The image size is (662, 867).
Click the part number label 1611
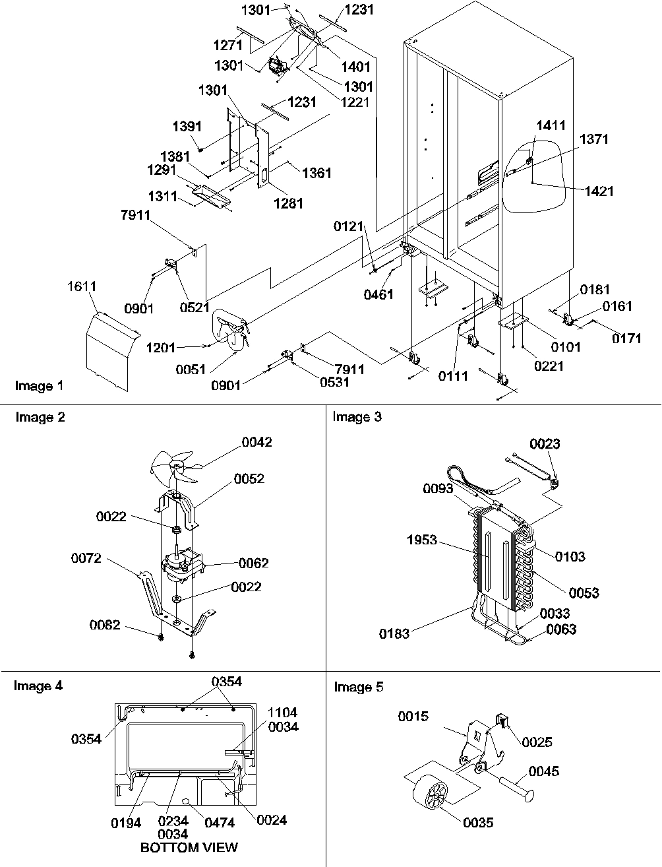click(x=82, y=286)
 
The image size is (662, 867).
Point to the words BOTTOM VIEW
click(x=189, y=847)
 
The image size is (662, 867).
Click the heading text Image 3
click(x=357, y=417)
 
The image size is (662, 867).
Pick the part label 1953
click(x=421, y=540)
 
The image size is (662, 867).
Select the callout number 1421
click(x=599, y=191)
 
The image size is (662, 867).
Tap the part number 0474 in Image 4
click(x=220, y=821)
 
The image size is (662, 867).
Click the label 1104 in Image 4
click(x=283, y=713)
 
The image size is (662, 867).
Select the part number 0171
click(x=626, y=339)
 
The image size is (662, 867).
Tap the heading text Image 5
click(x=358, y=688)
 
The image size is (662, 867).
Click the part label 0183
click(x=394, y=634)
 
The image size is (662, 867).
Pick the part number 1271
click(x=227, y=46)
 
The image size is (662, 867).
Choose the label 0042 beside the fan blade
click(x=256, y=442)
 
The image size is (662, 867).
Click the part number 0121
click(x=348, y=227)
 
